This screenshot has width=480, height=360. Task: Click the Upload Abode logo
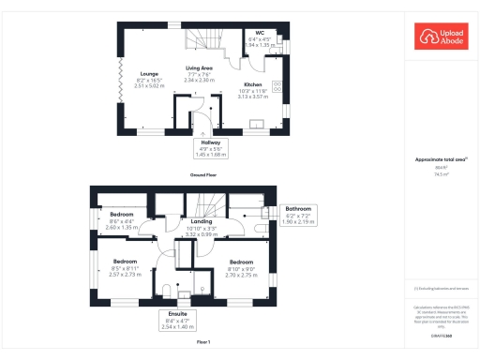click(441, 37)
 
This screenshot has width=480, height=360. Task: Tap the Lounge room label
click(149, 78)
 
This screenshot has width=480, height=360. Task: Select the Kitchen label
click(253, 89)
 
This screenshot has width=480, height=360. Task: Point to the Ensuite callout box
click(176, 320)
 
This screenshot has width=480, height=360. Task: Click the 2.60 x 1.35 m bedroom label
click(123, 220)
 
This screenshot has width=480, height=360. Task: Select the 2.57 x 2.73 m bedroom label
click(126, 268)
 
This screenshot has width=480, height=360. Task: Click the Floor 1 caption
click(203, 343)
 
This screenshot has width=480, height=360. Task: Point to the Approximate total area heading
click(440, 159)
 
